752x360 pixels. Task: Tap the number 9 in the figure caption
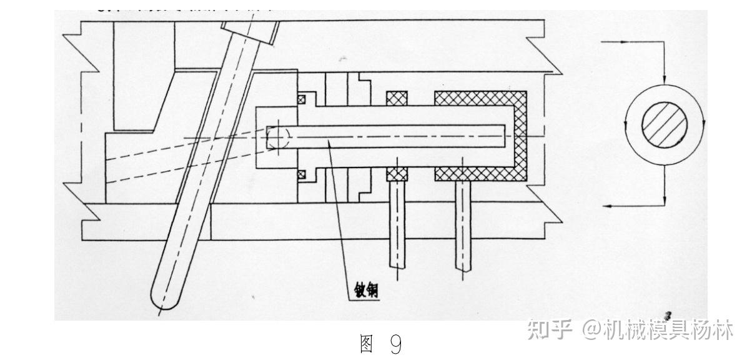point(395,344)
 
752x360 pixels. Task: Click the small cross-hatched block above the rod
point(397,99)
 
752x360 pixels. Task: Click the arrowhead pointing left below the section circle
point(610,204)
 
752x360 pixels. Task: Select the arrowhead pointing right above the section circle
point(625,42)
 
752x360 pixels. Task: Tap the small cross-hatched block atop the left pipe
point(397,174)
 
